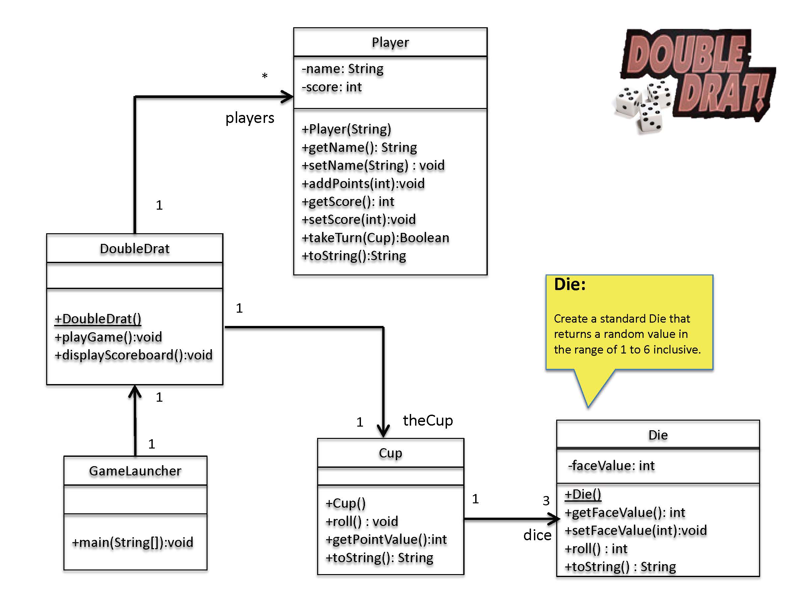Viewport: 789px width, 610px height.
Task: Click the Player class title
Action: pos(390,42)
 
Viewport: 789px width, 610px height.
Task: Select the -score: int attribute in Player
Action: pos(332,87)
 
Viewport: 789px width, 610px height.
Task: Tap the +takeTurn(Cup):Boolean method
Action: pos(375,238)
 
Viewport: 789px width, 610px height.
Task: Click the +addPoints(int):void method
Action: pos(363,184)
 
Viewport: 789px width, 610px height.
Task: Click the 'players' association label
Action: pos(250,118)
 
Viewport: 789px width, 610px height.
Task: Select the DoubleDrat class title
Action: pos(134,249)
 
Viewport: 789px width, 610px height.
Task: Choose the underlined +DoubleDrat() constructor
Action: pos(98,319)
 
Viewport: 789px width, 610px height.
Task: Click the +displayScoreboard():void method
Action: pos(133,355)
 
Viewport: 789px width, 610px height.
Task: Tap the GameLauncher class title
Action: pos(135,471)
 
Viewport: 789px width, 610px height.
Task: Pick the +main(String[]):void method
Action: pos(132,542)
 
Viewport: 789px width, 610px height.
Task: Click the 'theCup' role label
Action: pos(428,420)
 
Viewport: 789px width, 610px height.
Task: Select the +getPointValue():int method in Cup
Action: pos(386,539)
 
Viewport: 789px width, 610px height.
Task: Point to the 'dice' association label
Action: pos(537,535)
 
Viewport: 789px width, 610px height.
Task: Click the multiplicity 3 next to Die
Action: pos(546,500)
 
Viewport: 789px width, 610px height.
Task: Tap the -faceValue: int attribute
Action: pos(611,465)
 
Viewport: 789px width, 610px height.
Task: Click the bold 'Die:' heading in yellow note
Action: pos(570,284)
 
